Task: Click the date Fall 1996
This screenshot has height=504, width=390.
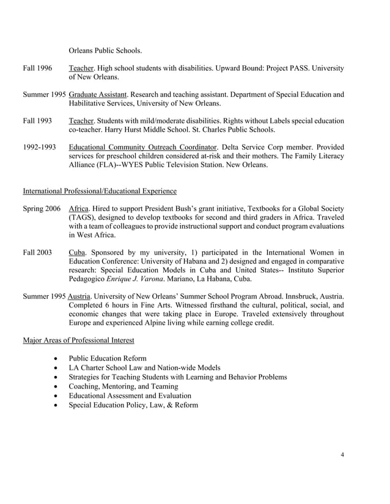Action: point(37,69)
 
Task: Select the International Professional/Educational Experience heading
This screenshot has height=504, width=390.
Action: point(100,192)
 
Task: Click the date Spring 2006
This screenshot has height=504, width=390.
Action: point(42,209)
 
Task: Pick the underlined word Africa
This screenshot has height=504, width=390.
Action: point(79,209)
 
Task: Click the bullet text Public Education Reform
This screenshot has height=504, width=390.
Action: point(108,358)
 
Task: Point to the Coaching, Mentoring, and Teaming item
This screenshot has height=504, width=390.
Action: point(124,386)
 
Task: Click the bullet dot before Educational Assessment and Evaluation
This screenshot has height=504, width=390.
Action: point(57,396)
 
